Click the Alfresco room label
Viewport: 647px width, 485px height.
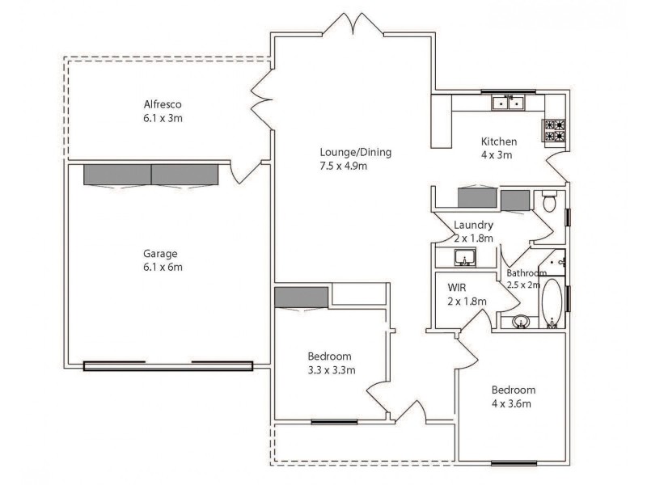pos(163,104)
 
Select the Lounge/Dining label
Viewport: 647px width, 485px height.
pos(344,152)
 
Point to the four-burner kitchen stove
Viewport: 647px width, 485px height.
pos(554,130)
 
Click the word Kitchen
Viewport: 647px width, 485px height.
pos(499,141)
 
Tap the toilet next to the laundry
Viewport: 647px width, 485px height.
pos(549,200)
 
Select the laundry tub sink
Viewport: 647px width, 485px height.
pos(465,258)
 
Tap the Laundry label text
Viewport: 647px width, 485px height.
pos(473,226)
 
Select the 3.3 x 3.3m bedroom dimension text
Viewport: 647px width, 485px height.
pos(332,370)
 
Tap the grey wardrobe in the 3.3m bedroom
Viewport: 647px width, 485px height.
pos(301,297)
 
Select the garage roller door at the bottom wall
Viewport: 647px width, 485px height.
pos(168,365)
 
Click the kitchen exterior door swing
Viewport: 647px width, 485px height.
pos(557,168)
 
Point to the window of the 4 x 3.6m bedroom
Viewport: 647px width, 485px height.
pos(514,463)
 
